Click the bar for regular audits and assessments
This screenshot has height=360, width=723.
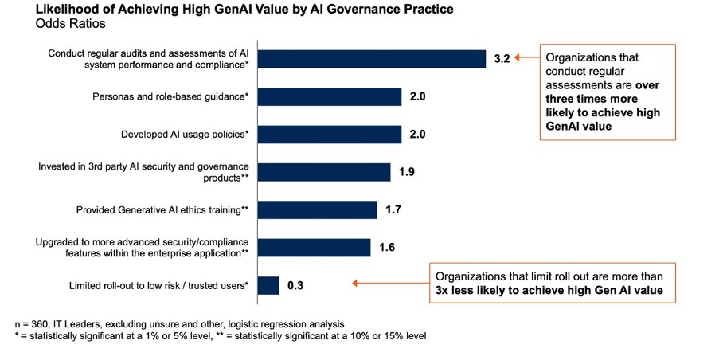click(372, 59)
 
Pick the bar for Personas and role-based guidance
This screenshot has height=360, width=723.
click(330, 97)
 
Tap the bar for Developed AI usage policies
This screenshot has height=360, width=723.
click(330, 135)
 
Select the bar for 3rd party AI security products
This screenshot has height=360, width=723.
click(324, 173)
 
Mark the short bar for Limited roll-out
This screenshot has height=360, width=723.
click(268, 285)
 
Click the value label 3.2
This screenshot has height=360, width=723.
click(502, 59)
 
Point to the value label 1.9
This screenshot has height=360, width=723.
click(406, 173)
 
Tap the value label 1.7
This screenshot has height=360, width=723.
click(393, 210)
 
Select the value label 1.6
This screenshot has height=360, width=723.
click(387, 248)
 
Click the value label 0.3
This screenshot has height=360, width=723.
click(295, 285)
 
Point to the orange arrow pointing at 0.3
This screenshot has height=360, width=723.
click(389, 283)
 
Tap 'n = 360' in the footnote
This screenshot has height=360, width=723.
click(33, 324)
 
